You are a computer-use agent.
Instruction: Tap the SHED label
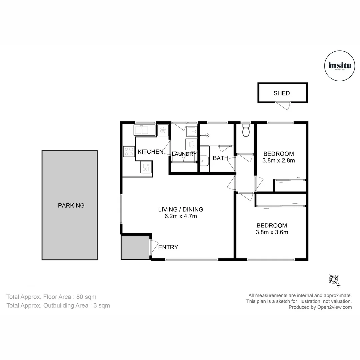click(x=282, y=93)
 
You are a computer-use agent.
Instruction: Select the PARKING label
click(x=71, y=205)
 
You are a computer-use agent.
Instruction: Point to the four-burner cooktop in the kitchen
click(x=129, y=152)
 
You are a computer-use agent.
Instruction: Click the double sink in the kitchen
click(x=145, y=130)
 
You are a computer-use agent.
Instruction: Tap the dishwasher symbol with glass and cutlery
click(x=146, y=168)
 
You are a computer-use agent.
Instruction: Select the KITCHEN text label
click(x=150, y=152)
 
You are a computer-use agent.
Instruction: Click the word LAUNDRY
click(x=184, y=154)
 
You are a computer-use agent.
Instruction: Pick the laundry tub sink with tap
click(x=192, y=131)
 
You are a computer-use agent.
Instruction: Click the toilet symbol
click(x=246, y=131)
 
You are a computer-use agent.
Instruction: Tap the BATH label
click(x=220, y=158)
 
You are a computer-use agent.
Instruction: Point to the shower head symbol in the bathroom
click(x=207, y=135)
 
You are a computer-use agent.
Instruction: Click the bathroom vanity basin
click(x=204, y=161)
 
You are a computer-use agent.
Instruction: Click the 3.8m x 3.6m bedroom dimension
click(x=272, y=232)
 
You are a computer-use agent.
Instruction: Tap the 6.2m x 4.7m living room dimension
click(x=181, y=216)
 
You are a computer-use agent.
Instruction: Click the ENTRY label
click(x=168, y=247)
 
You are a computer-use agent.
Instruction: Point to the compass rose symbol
click(x=334, y=279)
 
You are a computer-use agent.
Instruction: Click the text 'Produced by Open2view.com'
click(x=320, y=307)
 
